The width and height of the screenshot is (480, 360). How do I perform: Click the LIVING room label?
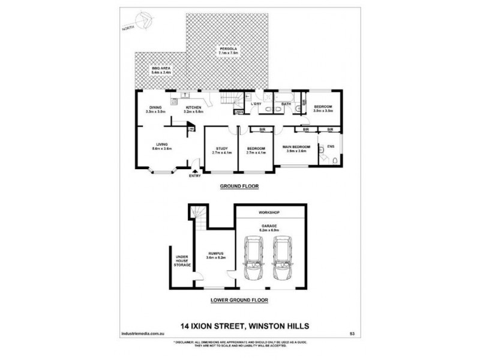[x=162, y=145]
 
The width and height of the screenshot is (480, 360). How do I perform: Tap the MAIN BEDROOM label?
[x=296, y=147]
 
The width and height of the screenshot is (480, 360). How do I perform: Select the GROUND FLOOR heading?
[x=239, y=187]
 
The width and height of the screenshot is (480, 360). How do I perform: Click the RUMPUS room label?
[x=215, y=255]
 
